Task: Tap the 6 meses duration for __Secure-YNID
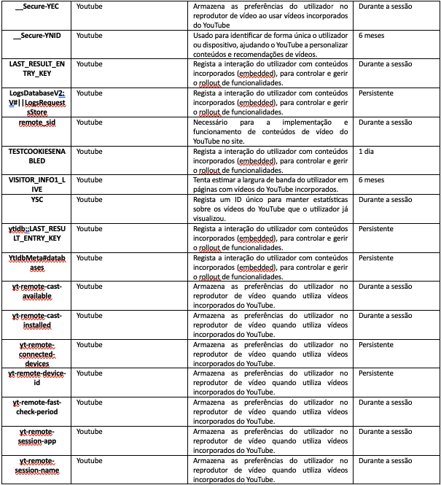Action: pos(372,35)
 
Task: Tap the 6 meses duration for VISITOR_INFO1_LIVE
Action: pos(372,179)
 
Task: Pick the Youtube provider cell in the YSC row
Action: pos(90,198)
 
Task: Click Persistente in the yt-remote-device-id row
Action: pos(376,373)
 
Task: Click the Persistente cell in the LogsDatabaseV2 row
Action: pos(376,93)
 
